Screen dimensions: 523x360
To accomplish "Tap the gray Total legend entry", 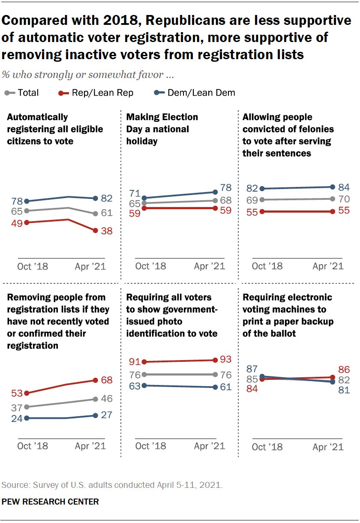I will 22,93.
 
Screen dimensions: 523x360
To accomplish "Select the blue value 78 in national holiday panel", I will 226,188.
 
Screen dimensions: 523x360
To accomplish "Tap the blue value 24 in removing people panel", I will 17,418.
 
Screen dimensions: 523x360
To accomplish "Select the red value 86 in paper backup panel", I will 344,370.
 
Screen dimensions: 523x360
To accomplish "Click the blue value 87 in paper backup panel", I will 252,369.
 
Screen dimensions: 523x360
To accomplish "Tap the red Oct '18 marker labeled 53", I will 27,393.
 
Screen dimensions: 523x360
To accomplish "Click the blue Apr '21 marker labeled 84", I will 333,187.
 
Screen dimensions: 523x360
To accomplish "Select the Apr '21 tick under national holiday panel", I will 209,266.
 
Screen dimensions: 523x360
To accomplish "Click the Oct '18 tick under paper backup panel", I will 267,447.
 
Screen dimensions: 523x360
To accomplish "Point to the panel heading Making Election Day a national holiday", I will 162,129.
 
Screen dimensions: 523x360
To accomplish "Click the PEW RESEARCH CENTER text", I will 51,501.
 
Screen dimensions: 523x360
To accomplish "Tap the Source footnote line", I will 112,485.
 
